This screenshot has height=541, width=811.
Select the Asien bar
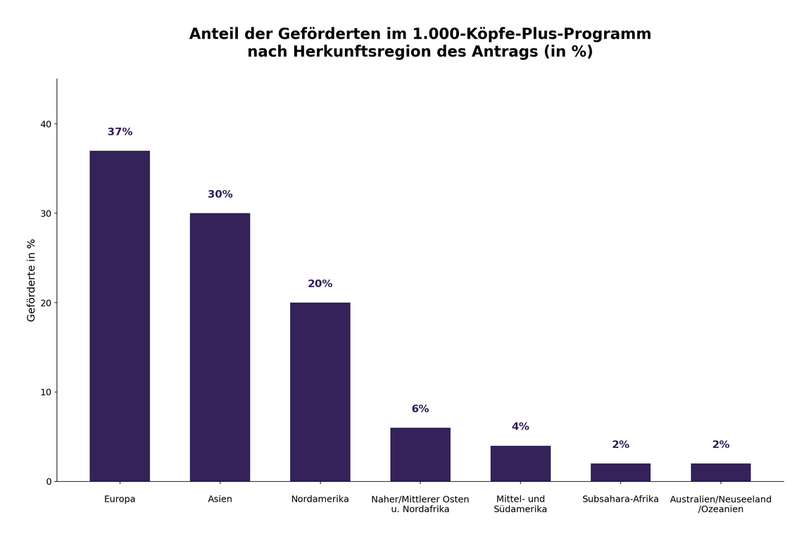(220, 347)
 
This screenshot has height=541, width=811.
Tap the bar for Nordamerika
(320, 392)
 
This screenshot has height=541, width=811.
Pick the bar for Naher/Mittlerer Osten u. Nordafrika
(420, 454)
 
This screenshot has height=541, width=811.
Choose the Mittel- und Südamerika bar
(520, 464)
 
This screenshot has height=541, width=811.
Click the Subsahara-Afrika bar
(620, 472)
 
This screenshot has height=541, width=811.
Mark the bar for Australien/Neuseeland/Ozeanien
(720, 472)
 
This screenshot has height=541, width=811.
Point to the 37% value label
(120, 132)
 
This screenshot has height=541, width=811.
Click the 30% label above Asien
(220, 194)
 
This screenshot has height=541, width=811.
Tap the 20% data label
(320, 284)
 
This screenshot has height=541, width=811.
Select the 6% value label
(420, 409)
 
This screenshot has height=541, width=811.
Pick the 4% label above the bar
(520, 427)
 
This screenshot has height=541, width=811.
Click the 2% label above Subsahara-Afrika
(620, 445)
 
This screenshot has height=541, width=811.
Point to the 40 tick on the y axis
(46, 124)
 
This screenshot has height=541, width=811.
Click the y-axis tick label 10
(46, 392)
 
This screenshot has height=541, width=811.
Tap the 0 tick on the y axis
(49, 482)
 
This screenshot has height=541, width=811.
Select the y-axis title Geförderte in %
(31, 280)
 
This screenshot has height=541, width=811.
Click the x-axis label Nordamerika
(320, 499)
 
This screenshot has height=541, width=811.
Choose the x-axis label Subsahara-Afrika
(620, 499)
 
